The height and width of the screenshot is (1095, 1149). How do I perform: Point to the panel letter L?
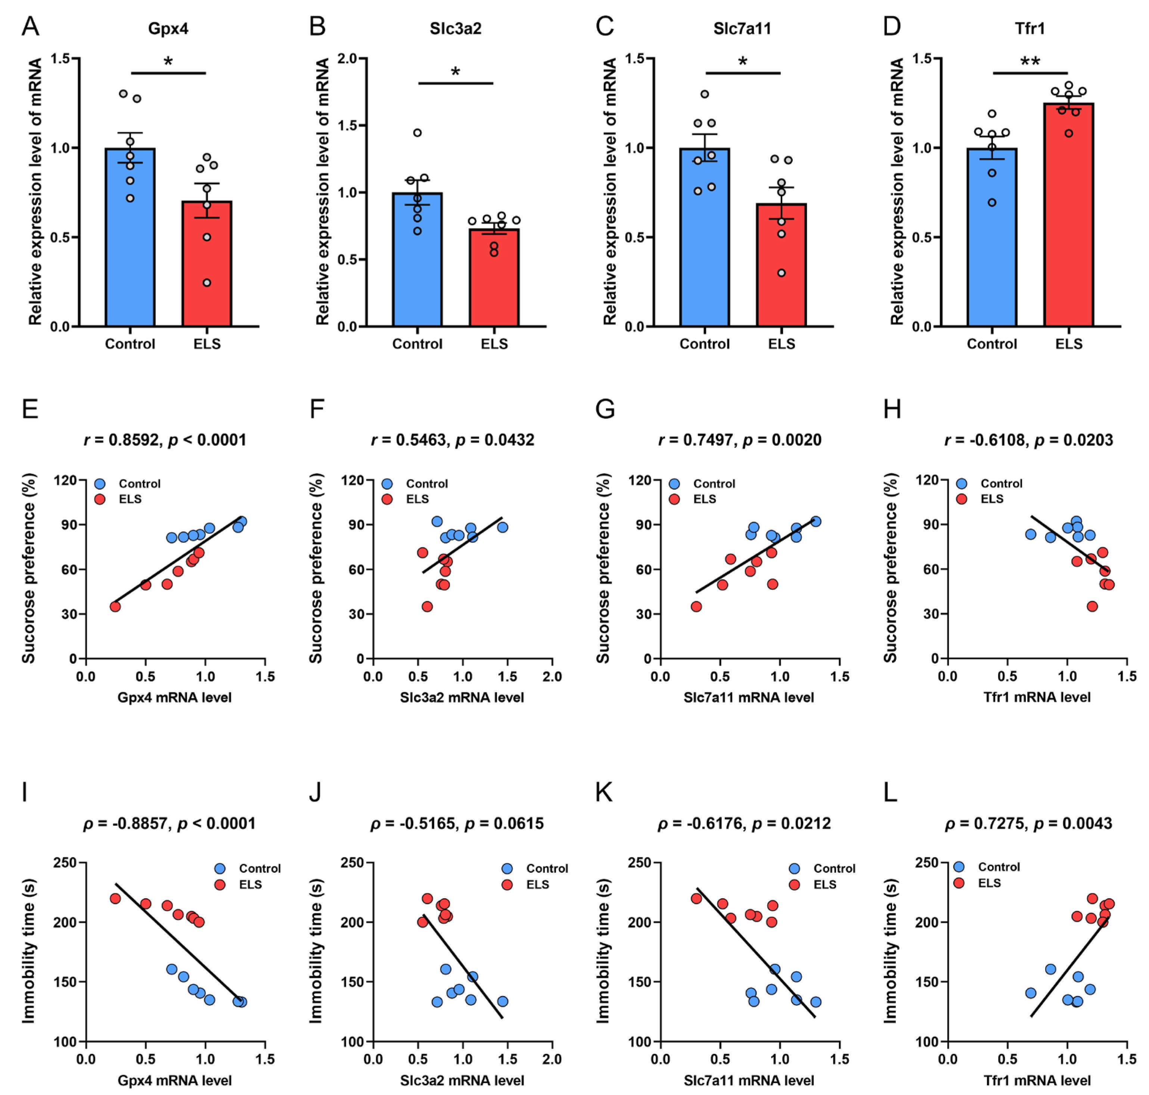(x=890, y=792)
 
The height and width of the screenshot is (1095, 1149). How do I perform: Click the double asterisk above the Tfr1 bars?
(x=1030, y=61)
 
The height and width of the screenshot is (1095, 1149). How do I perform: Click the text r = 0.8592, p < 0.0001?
(x=165, y=440)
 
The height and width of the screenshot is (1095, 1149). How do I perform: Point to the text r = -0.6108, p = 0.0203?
(x=1029, y=440)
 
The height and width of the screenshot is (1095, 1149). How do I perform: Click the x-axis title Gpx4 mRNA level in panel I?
(x=174, y=1080)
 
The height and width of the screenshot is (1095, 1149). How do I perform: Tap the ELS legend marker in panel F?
(x=387, y=499)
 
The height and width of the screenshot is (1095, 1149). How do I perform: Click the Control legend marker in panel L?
(x=959, y=867)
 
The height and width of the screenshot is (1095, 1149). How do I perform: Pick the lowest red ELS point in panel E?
(x=115, y=606)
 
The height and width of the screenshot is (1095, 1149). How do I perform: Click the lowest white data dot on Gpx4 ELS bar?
(x=206, y=283)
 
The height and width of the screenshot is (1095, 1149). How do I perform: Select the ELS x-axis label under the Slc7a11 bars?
(x=781, y=344)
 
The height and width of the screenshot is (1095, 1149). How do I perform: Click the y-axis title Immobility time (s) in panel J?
(x=316, y=951)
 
